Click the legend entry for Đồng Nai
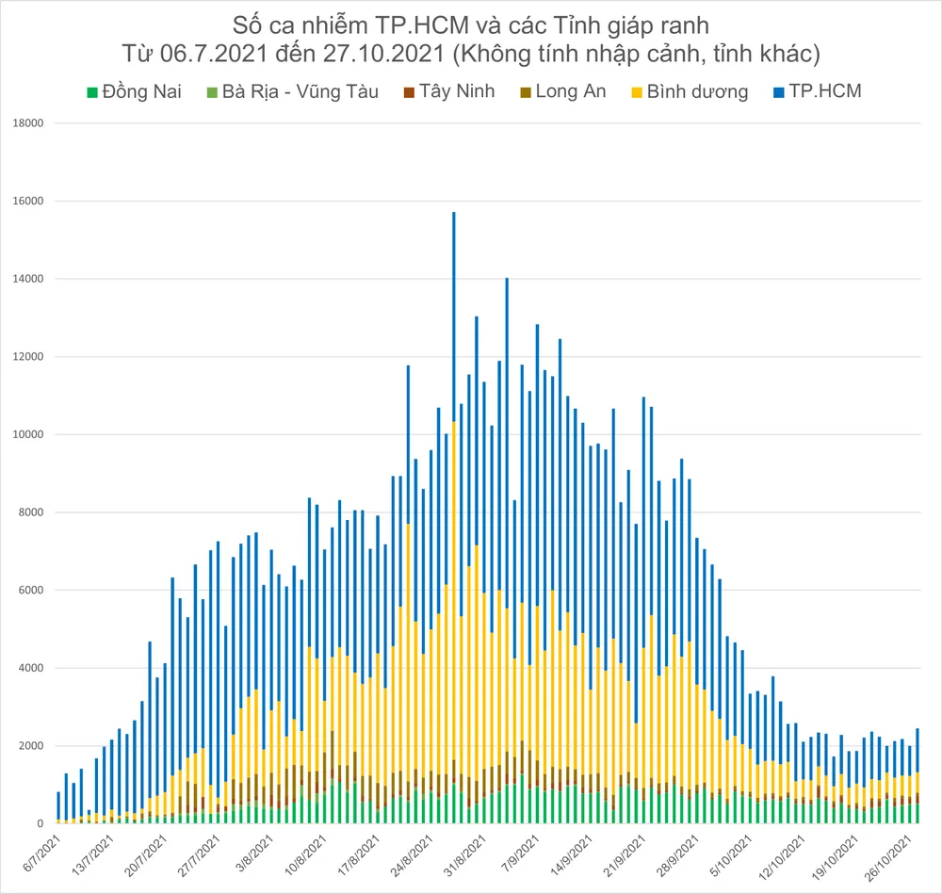tap(139, 91)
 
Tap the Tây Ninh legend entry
tap(448, 91)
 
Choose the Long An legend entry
tap(561, 91)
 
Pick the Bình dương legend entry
tap(690, 91)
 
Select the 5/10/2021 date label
tap(725, 853)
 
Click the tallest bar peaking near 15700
tap(453, 377)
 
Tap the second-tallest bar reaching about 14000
tap(507, 424)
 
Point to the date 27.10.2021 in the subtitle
tap(378, 53)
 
